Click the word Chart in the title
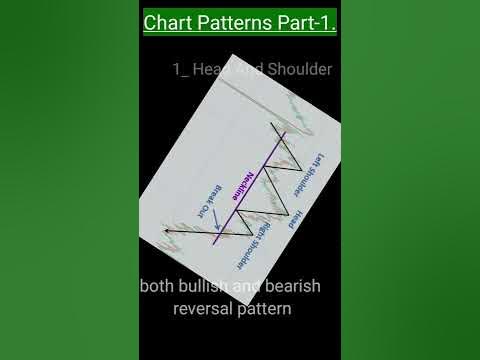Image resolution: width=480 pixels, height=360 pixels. (x=169, y=22)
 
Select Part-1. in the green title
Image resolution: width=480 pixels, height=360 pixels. (x=304, y=22)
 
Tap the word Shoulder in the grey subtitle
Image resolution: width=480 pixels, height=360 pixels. (x=296, y=69)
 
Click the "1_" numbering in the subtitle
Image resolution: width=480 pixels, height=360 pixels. (x=181, y=69)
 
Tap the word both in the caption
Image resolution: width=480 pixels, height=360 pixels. (x=160, y=287)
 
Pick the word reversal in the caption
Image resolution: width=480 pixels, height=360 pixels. (x=204, y=309)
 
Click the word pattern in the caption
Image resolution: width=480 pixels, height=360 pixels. (x=265, y=309)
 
